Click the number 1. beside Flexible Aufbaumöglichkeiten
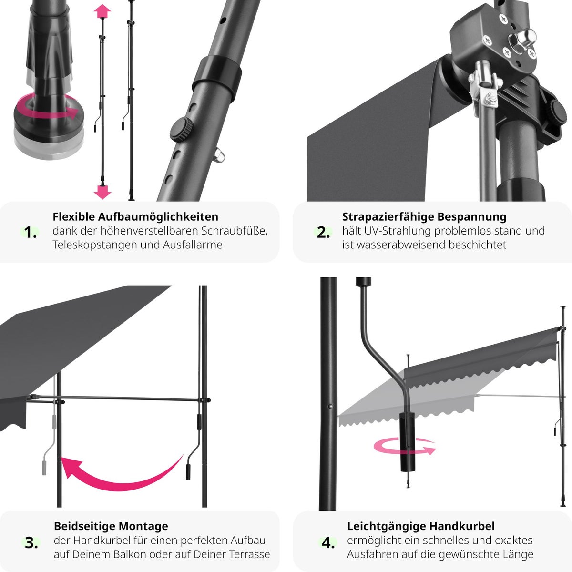(31, 233)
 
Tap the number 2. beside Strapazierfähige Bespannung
(323, 233)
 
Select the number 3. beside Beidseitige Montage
(31, 543)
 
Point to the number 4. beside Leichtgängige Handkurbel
(328, 543)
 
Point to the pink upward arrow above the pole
(102, 11)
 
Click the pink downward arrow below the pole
(102, 192)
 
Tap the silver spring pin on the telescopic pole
(219, 155)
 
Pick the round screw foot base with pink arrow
(49, 125)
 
